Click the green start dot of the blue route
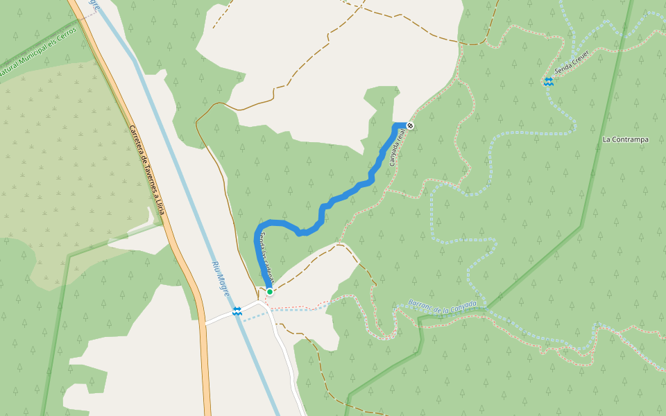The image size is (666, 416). [269, 292]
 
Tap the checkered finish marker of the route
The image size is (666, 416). [411, 125]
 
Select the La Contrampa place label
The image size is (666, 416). [625, 139]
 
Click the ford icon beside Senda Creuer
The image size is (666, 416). [549, 82]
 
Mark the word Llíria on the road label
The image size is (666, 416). [160, 206]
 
